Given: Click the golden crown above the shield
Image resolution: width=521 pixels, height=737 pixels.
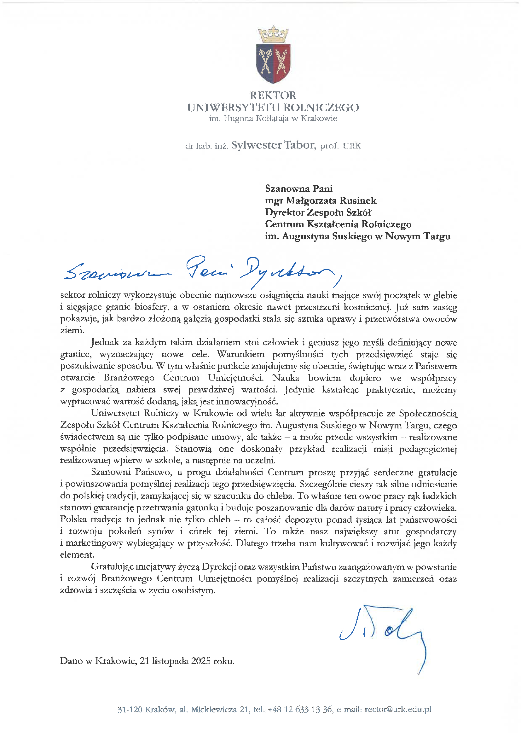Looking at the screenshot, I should pyautogui.click(x=273, y=34).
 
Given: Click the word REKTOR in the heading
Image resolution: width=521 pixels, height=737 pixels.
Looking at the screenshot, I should pyautogui.click(x=273, y=95).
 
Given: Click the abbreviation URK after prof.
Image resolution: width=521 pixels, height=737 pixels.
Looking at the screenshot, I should pyautogui.click(x=352, y=146).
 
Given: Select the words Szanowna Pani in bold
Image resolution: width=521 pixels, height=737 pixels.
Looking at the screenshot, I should pyautogui.click(x=298, y=189).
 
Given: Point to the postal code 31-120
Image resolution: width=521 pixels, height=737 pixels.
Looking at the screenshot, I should pyautogui.click(x=130, y=709).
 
